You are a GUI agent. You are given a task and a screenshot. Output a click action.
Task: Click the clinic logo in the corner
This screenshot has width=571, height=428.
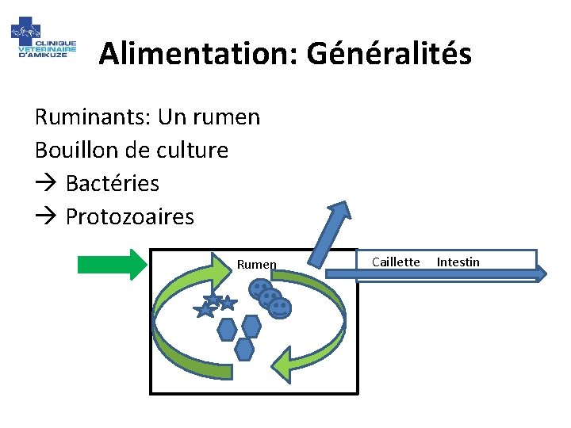pos(44,42)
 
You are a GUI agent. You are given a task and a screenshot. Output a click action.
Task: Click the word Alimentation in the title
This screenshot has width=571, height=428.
pos(198,54)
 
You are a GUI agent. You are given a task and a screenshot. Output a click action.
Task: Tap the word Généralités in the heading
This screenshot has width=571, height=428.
pos(389,54)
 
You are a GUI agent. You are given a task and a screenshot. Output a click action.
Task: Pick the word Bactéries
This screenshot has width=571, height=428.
pos(112,184)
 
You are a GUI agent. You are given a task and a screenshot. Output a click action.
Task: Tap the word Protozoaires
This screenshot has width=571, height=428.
pos(129,216)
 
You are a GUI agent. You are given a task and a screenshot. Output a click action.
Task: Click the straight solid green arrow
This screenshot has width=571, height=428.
pos(112,262)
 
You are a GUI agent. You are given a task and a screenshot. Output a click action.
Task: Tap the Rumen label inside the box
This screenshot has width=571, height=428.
pos(256,265)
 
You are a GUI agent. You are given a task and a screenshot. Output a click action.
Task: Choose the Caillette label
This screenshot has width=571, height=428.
pos(395,262)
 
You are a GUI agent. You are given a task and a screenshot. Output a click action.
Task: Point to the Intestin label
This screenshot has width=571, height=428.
pos(458,262)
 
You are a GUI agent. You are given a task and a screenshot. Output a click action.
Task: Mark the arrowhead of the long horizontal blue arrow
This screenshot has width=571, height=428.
pos(540,273)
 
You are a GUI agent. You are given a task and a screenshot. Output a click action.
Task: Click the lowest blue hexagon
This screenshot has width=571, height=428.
pos(245,348)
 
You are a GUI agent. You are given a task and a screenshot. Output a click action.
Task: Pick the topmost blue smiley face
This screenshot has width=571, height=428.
pos(260,290)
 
